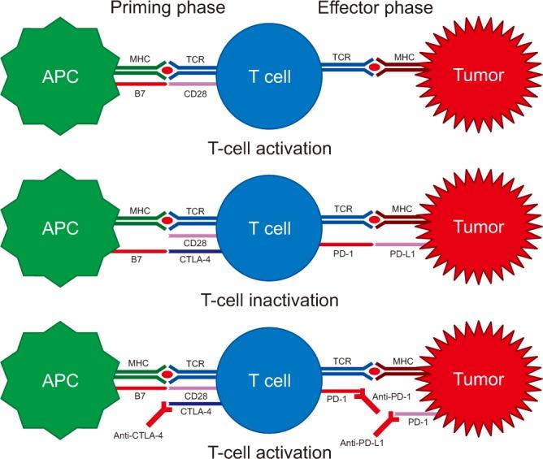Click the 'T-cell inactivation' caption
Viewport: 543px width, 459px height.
point(269,300)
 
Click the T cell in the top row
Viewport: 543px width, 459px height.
point(269,77)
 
